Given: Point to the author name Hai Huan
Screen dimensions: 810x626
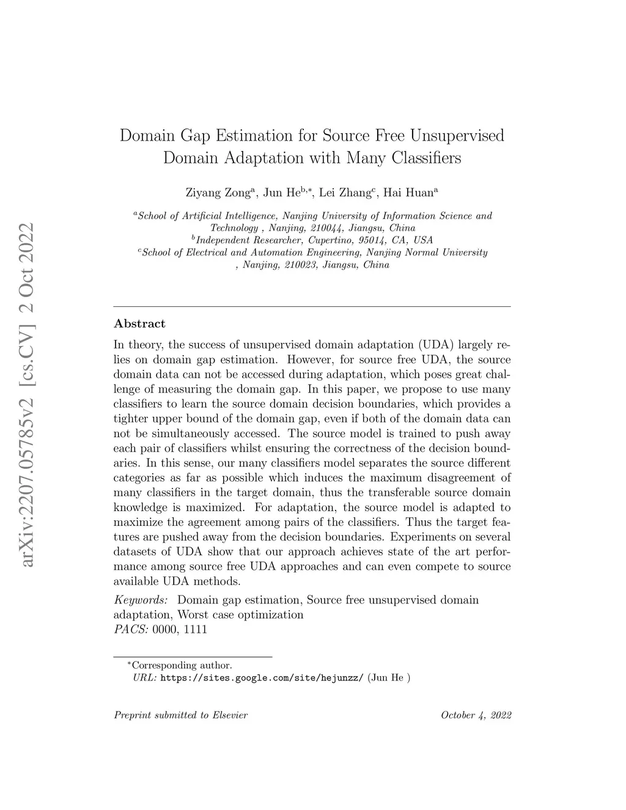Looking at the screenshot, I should [408, 193].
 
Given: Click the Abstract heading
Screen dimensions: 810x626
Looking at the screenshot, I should [139, 323].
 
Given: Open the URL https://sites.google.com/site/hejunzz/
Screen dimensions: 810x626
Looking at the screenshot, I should [262, 678].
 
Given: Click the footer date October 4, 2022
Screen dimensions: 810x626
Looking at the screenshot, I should [476, 715].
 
